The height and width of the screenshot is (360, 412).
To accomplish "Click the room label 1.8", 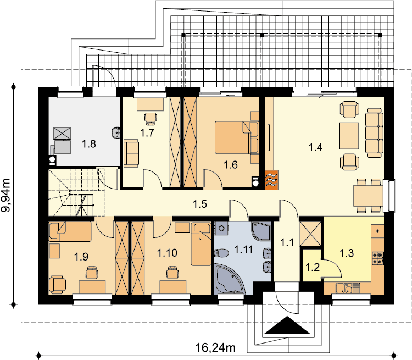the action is [x=89, y=144].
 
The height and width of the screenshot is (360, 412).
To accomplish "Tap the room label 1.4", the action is [x=315, y=147].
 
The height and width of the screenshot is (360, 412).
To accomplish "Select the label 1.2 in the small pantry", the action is [x=313, y=267].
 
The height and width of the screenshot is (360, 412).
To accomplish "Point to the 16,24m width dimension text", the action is [x=215, y=348].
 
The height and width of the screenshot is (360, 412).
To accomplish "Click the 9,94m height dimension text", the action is [x=6, y=195].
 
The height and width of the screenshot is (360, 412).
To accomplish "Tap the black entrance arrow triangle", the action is [x=287, y=325].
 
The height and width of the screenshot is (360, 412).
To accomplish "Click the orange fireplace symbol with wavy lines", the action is [x=271, y=180].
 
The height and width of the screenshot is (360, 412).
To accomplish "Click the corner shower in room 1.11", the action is [x=261, y=231].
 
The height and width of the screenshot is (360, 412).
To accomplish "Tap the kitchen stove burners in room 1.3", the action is [x=377, y=258].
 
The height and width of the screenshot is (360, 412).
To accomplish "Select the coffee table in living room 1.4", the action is [x=349, y=136].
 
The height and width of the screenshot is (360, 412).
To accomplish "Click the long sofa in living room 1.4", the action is [x=374, y=133].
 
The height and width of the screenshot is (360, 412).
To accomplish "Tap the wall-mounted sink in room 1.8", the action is [x=116, y=132].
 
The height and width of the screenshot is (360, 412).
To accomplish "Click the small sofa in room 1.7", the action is [x=131, y=153].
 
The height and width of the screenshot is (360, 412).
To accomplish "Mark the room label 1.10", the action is [x=167, y=253].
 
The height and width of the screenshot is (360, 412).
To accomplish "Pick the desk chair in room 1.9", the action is [x=91, y=273].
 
